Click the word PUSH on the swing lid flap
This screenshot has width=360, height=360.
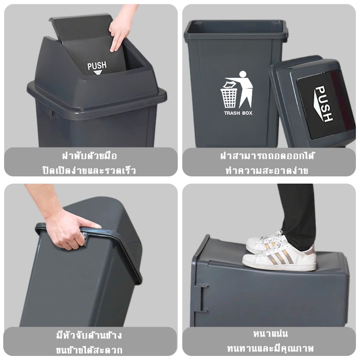point(97,66)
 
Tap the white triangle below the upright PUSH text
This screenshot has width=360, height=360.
point(98,72)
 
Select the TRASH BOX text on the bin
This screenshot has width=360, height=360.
point(238,113)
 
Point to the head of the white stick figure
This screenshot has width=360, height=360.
point(243,74)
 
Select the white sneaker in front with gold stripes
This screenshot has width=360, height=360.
point(279,258)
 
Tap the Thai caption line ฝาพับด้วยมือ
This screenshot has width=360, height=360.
point(90,156)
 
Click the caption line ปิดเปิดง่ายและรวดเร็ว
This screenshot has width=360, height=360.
point(89,171)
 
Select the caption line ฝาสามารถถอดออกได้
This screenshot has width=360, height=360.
point(267,156)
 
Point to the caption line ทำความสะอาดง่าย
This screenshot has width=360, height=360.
point(267,171)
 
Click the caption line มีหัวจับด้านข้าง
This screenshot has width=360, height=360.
point(89,335)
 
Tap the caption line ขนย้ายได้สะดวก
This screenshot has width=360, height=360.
point(89,350)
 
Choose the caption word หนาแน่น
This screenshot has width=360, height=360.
point(270,333)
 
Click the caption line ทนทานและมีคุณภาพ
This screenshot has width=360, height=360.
point(270,348)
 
